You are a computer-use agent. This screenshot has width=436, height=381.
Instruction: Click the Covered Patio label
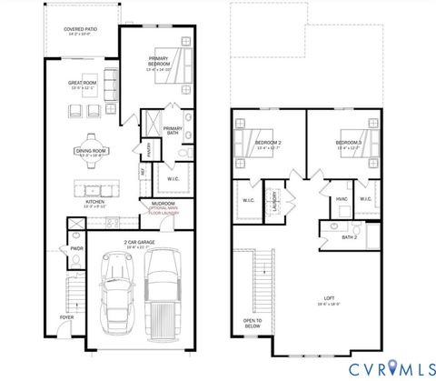(81, 29)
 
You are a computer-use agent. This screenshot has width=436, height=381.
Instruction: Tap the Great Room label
(83, 85)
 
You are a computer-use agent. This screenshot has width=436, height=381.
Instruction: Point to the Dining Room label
(92, 151)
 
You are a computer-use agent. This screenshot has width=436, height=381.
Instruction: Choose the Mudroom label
(163, 204)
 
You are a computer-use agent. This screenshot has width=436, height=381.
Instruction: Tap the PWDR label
(76, 246)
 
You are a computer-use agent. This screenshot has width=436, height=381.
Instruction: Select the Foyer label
(67, 317)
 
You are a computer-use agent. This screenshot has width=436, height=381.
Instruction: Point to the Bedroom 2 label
(268, 143)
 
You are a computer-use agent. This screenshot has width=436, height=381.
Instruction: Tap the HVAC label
(342, 198)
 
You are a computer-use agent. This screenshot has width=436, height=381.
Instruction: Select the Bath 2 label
(350, 237)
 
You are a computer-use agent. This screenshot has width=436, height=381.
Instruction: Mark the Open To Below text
(252, 322)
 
